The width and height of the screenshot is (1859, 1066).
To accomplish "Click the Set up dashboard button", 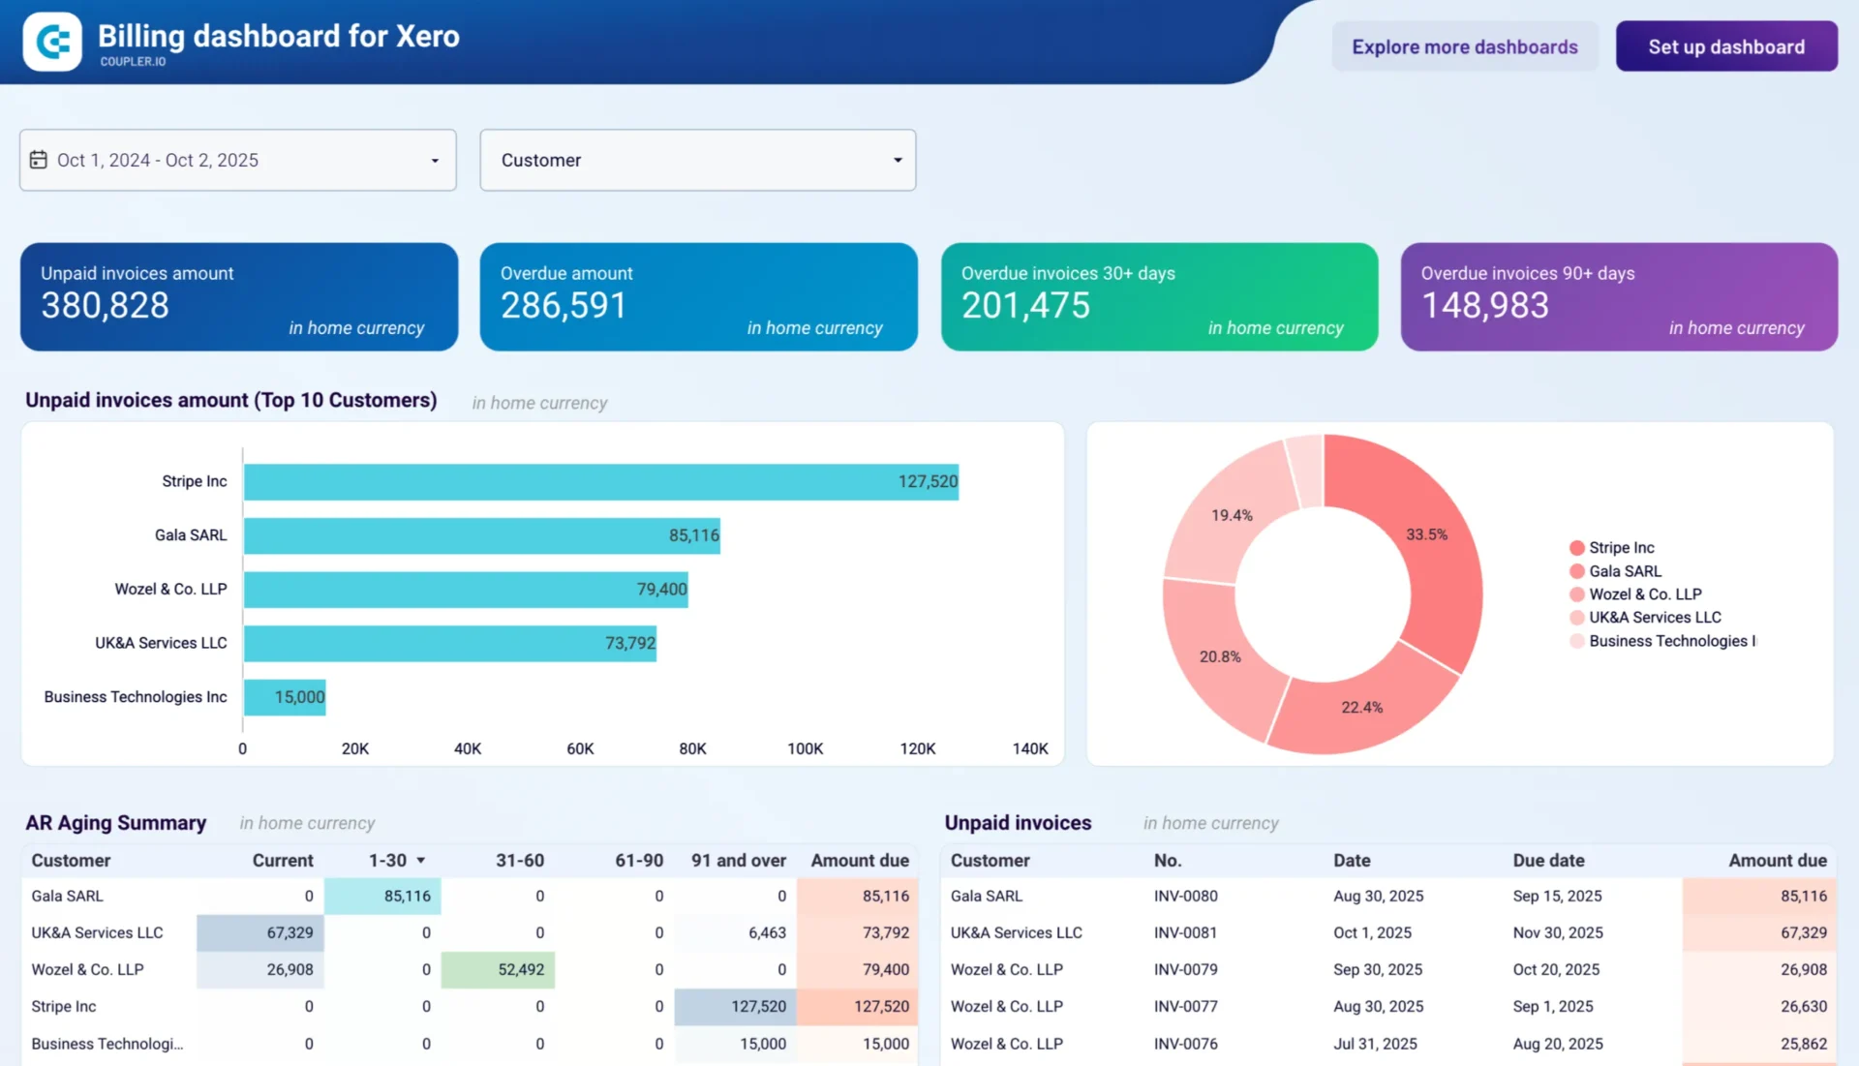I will coord(1725,46).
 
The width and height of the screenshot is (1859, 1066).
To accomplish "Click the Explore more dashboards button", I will coord(1464,46).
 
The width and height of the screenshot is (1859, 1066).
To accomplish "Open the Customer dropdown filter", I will coord(697,160).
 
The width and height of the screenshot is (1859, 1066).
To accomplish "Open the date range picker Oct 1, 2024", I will coord(237,160).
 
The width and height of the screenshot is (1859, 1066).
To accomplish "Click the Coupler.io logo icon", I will coord(52,42).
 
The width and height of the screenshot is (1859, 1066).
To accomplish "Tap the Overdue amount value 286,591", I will coord(564,306).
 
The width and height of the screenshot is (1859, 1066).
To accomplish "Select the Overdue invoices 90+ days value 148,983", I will coord(1484,306).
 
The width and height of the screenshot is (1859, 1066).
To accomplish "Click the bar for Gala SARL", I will coord(481,535).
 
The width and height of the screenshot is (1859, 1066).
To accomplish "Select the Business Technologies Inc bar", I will coord(285,697).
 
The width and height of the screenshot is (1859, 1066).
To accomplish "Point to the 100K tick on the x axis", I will coord(805,748).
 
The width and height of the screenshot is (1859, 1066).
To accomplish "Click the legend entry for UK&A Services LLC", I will coord(1654,618).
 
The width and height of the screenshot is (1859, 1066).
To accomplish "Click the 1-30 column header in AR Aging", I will coord(387,860).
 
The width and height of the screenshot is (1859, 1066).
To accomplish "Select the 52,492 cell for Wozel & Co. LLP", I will coord(499,969).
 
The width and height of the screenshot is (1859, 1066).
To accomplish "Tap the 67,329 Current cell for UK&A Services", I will coord(261,932).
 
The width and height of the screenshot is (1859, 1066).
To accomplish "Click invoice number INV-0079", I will coord(1185,969).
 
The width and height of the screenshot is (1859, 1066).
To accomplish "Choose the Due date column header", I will coord(1548,860).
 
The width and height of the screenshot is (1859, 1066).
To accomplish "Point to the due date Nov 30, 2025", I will coord(1557,932).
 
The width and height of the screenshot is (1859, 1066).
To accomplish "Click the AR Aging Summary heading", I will coord(115,822).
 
